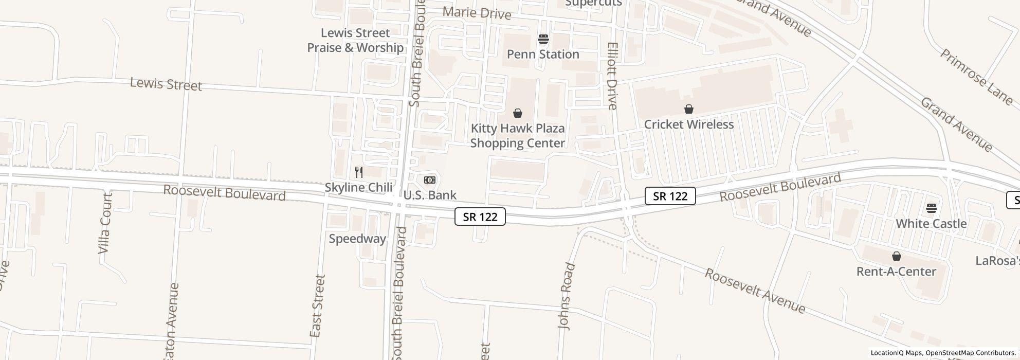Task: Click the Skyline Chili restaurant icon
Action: pos(359,172)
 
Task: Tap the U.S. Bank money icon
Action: pos(430,180)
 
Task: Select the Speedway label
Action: pos(357,239)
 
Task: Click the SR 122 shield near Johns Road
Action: pos(480,217)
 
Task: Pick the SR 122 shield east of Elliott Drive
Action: pos(670,196)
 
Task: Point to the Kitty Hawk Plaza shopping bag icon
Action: pos(518,113)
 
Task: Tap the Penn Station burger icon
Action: pos(543,39)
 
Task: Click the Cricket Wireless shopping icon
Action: pos(688,109)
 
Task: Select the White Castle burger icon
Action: pos(932,208)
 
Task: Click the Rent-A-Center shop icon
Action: pos(896,256)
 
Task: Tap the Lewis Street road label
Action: pos(166,84)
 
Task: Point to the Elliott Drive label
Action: pos(612,76)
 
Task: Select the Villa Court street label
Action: pos(105,223)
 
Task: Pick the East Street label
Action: pos(318,306)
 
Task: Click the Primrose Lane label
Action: pos(976,77)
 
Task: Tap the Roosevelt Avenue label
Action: pos(754,291)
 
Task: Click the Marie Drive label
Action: pos(477,12)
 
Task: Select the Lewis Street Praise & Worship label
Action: pos(355,40)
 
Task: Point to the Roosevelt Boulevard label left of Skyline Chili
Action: pos(224,193)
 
